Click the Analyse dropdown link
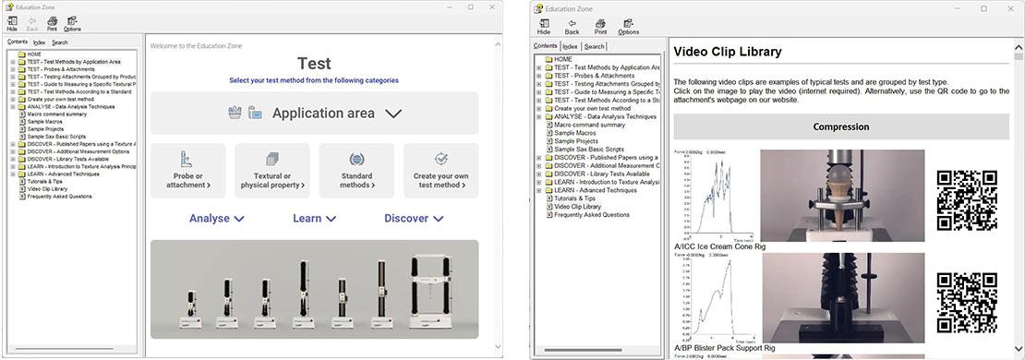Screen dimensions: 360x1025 point(216,219)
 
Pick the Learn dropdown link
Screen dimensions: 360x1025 point(314,219)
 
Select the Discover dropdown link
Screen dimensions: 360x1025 point(413,219)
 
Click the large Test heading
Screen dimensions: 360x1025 point(314,64)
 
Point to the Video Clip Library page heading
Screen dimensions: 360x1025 point(728,52)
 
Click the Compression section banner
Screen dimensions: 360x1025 point(840,126)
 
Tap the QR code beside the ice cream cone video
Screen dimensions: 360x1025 point(966,200)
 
